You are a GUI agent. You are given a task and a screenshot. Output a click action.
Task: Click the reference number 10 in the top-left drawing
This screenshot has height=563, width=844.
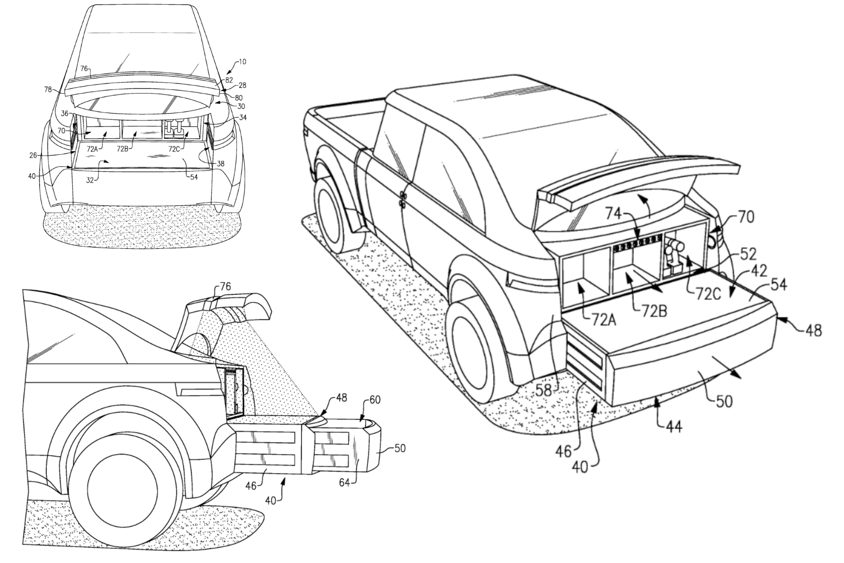[x=243, y=62]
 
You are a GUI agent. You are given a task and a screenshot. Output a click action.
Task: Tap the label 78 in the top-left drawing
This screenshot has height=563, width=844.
[x=48, y=90]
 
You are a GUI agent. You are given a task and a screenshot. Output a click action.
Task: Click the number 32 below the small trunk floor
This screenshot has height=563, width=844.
[x=90, y=180]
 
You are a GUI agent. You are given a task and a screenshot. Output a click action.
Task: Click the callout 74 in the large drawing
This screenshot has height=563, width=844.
[x=613, y=214]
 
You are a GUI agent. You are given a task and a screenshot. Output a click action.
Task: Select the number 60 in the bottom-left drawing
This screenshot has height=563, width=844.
[x=375, y=400]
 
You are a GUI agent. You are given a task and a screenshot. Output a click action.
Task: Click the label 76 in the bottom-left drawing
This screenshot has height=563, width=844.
[x=225, y=287]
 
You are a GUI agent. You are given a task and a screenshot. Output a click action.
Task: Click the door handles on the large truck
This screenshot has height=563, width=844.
[x=403, y=199]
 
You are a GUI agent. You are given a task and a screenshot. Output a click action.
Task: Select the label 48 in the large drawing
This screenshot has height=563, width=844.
[x=813, y=331]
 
